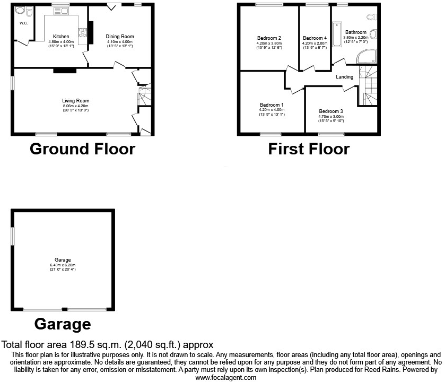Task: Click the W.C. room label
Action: [x=23, y=23]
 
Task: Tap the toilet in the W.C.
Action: [x=22, y=10]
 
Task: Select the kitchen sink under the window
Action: [x=60, y=11]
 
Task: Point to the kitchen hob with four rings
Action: [x=83, y=34]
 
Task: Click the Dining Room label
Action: [x=120, y=37]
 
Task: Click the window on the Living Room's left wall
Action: [x=13, y=84]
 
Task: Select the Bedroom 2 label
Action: [x=269, y=38]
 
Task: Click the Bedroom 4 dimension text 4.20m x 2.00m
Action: [x=315, y=44]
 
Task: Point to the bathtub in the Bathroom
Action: [x=337, y=35]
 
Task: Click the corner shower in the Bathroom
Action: [x=367, y=57]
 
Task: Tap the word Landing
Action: [x=345, y=77]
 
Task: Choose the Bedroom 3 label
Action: [x=331, y=111]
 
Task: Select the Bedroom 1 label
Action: [x=272, y=105]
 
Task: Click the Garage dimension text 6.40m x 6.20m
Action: [x=63, y=265]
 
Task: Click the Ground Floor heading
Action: [x=82, y=149]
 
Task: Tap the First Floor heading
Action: [x=309, y=149]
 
